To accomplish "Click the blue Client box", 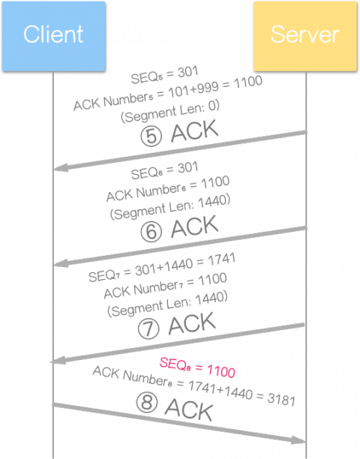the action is (x=53, y=36).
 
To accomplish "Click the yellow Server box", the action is (x=305, y=36).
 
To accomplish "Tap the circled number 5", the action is (x=151, y=136).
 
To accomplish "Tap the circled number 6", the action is (x=151, y=232).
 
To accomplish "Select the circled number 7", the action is (x=148, y=328).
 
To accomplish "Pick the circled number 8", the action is (x=147, y=403).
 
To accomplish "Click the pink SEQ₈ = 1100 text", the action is (x=197, y=367).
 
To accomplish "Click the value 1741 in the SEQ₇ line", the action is (x=221, y=260).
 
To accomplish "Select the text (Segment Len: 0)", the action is (x=170, y=112).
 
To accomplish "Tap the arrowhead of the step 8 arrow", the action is (x=298, y=439).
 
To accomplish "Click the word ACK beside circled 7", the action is (x=192, y=323).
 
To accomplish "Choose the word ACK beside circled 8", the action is (x=189, y=409).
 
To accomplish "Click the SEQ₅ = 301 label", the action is (x=164, y=75).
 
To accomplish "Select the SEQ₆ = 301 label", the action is (x=164, y=171).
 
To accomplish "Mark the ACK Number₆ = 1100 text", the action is (x=168, y=189).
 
